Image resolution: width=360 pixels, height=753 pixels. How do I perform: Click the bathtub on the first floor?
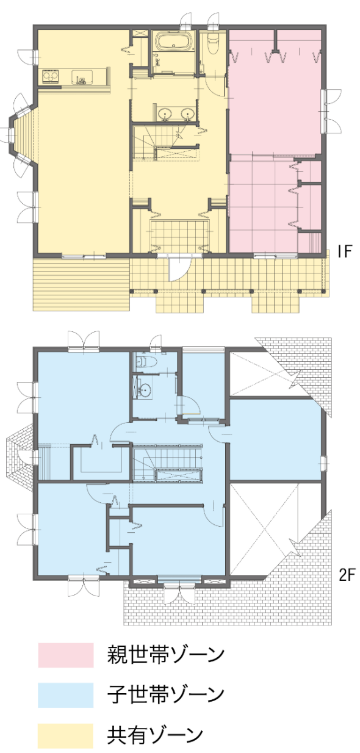pyautogui.click(x=175, y=41)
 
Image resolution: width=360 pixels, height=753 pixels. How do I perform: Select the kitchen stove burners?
pyautogui.click(x=51, y=76)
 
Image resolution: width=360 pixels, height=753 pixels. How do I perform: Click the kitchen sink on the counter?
pyautogui.click(x=82, y=76)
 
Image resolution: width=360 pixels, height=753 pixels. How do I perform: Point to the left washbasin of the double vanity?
pyautogui.click(x=165, y=114)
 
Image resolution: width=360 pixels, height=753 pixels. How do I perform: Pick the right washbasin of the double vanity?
pyautogui.click(x=187, y=114)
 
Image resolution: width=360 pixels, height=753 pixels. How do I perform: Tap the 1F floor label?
pyautogui.click(x=344, y=251)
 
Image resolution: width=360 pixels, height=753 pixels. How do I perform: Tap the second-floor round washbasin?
pyautogui.click(x=145, y=390)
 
